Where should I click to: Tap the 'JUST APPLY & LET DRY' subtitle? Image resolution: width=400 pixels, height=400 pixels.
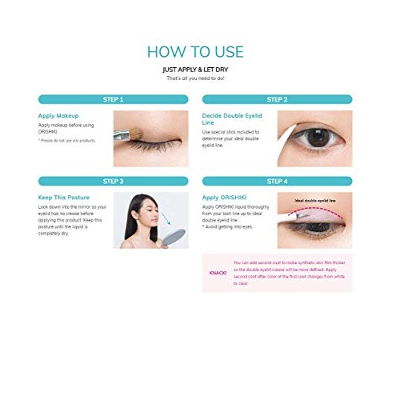pyautogui.click(x=194, y=70)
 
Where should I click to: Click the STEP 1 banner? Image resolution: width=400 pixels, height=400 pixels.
pyautogui.click(x=113, y=99)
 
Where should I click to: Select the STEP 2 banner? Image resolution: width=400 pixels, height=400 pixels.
pyautogui.click(x=276, y=99)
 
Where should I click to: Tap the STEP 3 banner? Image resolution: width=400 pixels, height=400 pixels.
pyautogui.click(x=113, y=181)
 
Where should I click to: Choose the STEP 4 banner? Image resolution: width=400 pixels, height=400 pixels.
pyautogui.click(x=276, y=181)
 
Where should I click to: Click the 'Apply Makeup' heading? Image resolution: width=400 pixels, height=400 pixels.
pyautogui.click(x=58, y=115)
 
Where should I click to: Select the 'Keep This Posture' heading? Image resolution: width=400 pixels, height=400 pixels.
pyautogui.click(x=63, y=197)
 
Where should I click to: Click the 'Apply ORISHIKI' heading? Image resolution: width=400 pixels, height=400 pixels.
pyautogui.click(x=222, y=197)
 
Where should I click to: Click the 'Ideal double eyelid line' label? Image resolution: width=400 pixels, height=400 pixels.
pyautogui.click(x=315, y=201)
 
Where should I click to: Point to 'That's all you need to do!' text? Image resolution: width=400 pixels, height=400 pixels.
pyautogui.click(x=194, y=78)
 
